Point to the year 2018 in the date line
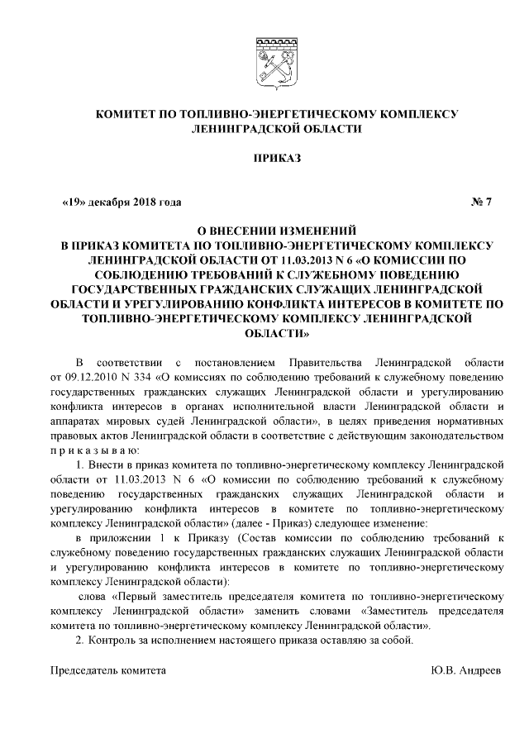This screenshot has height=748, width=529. [x=141, y=202]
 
